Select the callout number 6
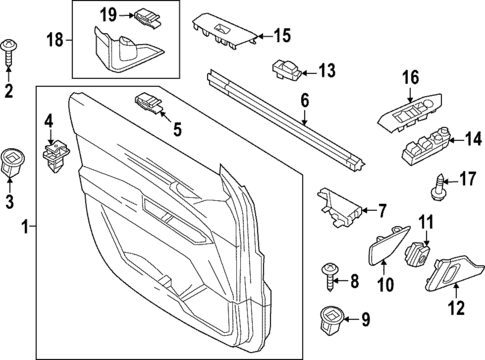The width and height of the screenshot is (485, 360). pyautogui.click(x=305, y=100)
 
